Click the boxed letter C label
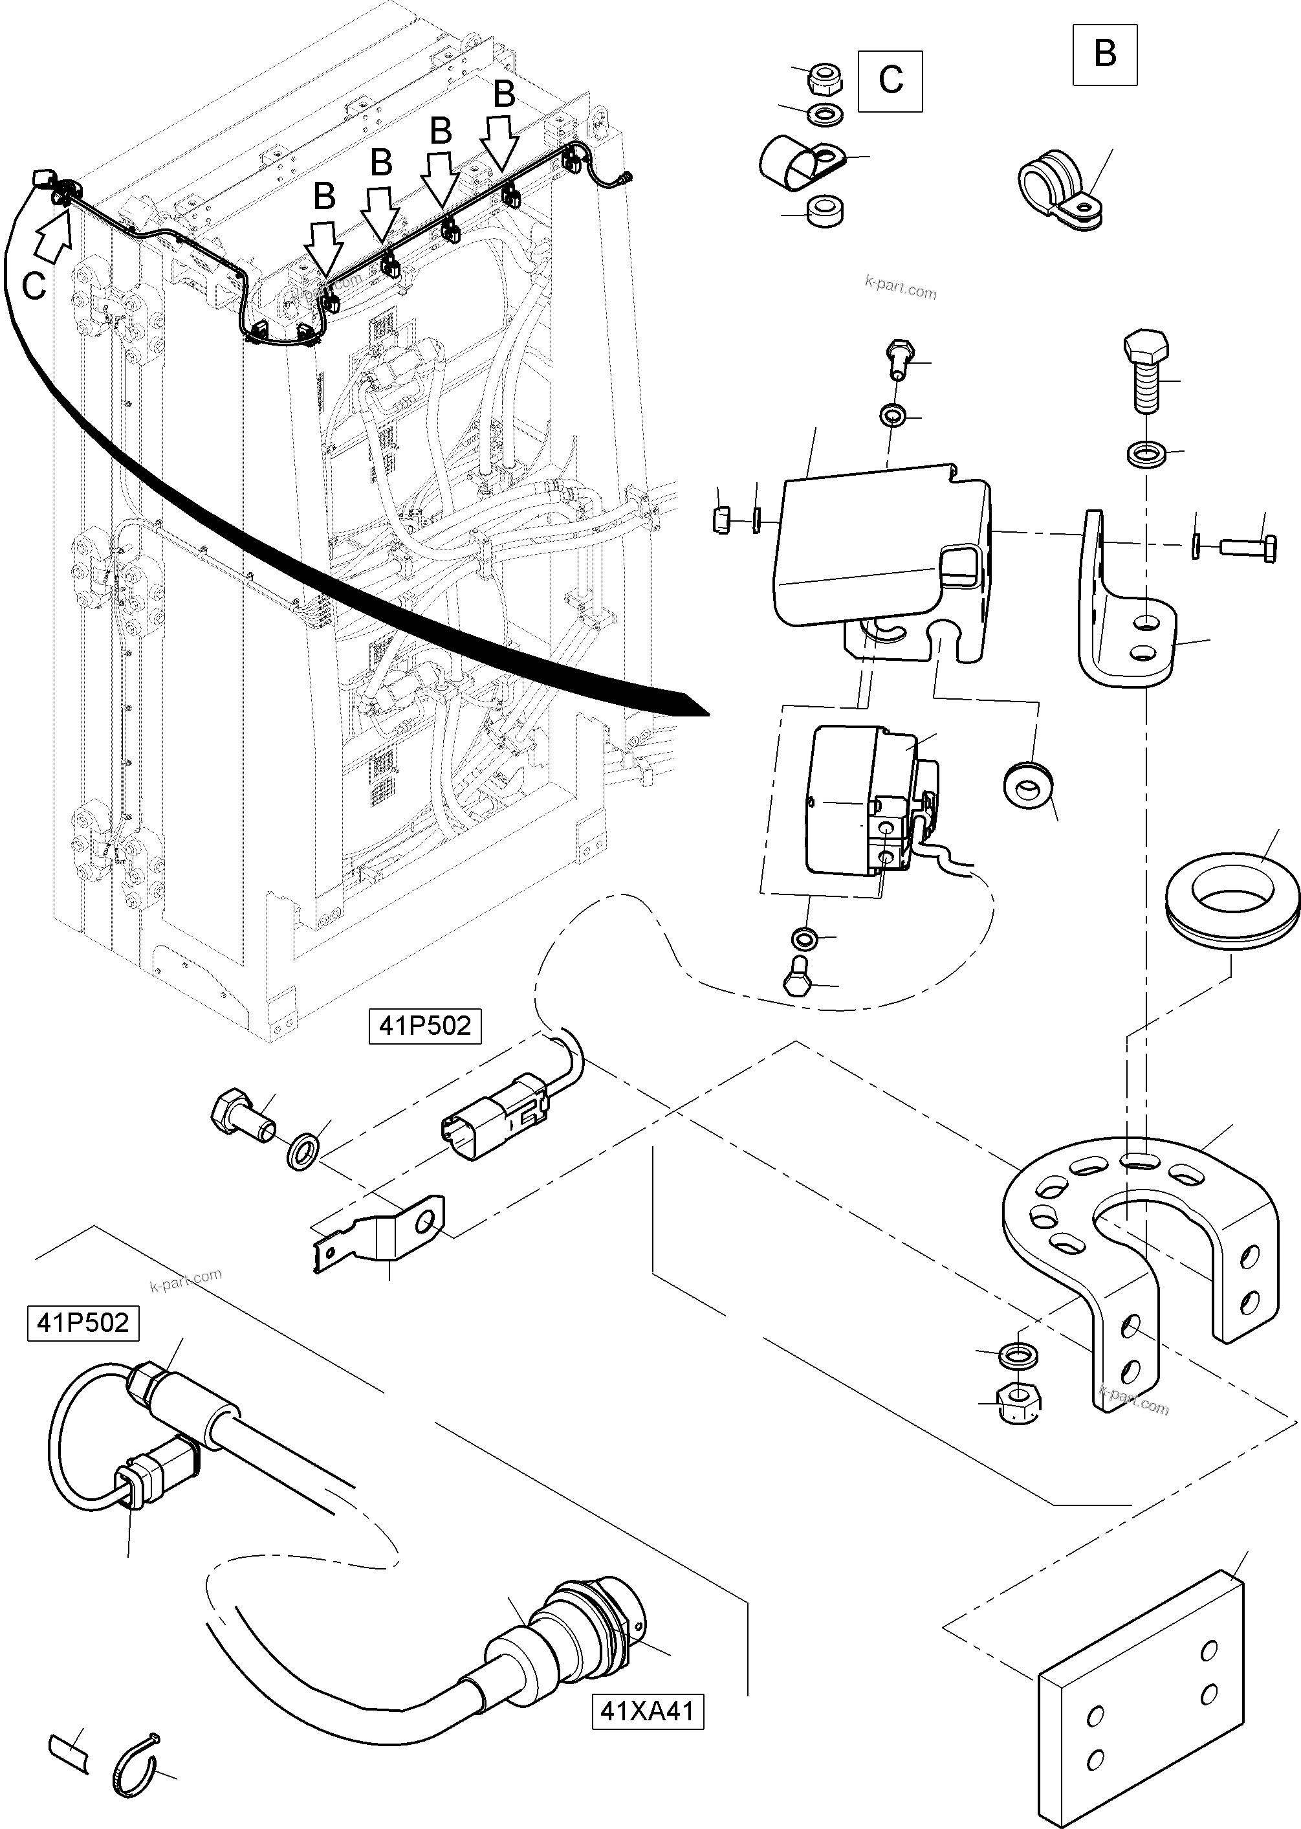(x=890, y=81)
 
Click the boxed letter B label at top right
(x=1105, y=54)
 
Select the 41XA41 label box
(x=648, y=1711)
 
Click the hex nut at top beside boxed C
(x=823, y=80)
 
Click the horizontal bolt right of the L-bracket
(x=1247, y=548)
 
